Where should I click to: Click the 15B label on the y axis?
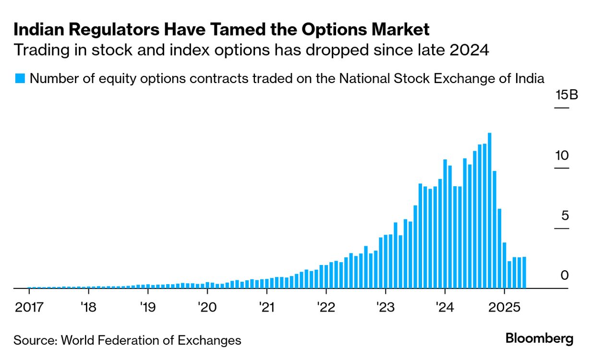[567, 95]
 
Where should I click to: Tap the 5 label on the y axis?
[565, 216]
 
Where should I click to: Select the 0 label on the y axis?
[565, 276]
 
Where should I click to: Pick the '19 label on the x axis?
[148, 307]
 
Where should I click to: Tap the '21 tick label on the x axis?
[266, 307]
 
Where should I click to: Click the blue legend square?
[19, 78]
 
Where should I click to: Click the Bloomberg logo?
[539, 339]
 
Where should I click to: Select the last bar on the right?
[524, 272]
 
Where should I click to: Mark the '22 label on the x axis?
[326, 307]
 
